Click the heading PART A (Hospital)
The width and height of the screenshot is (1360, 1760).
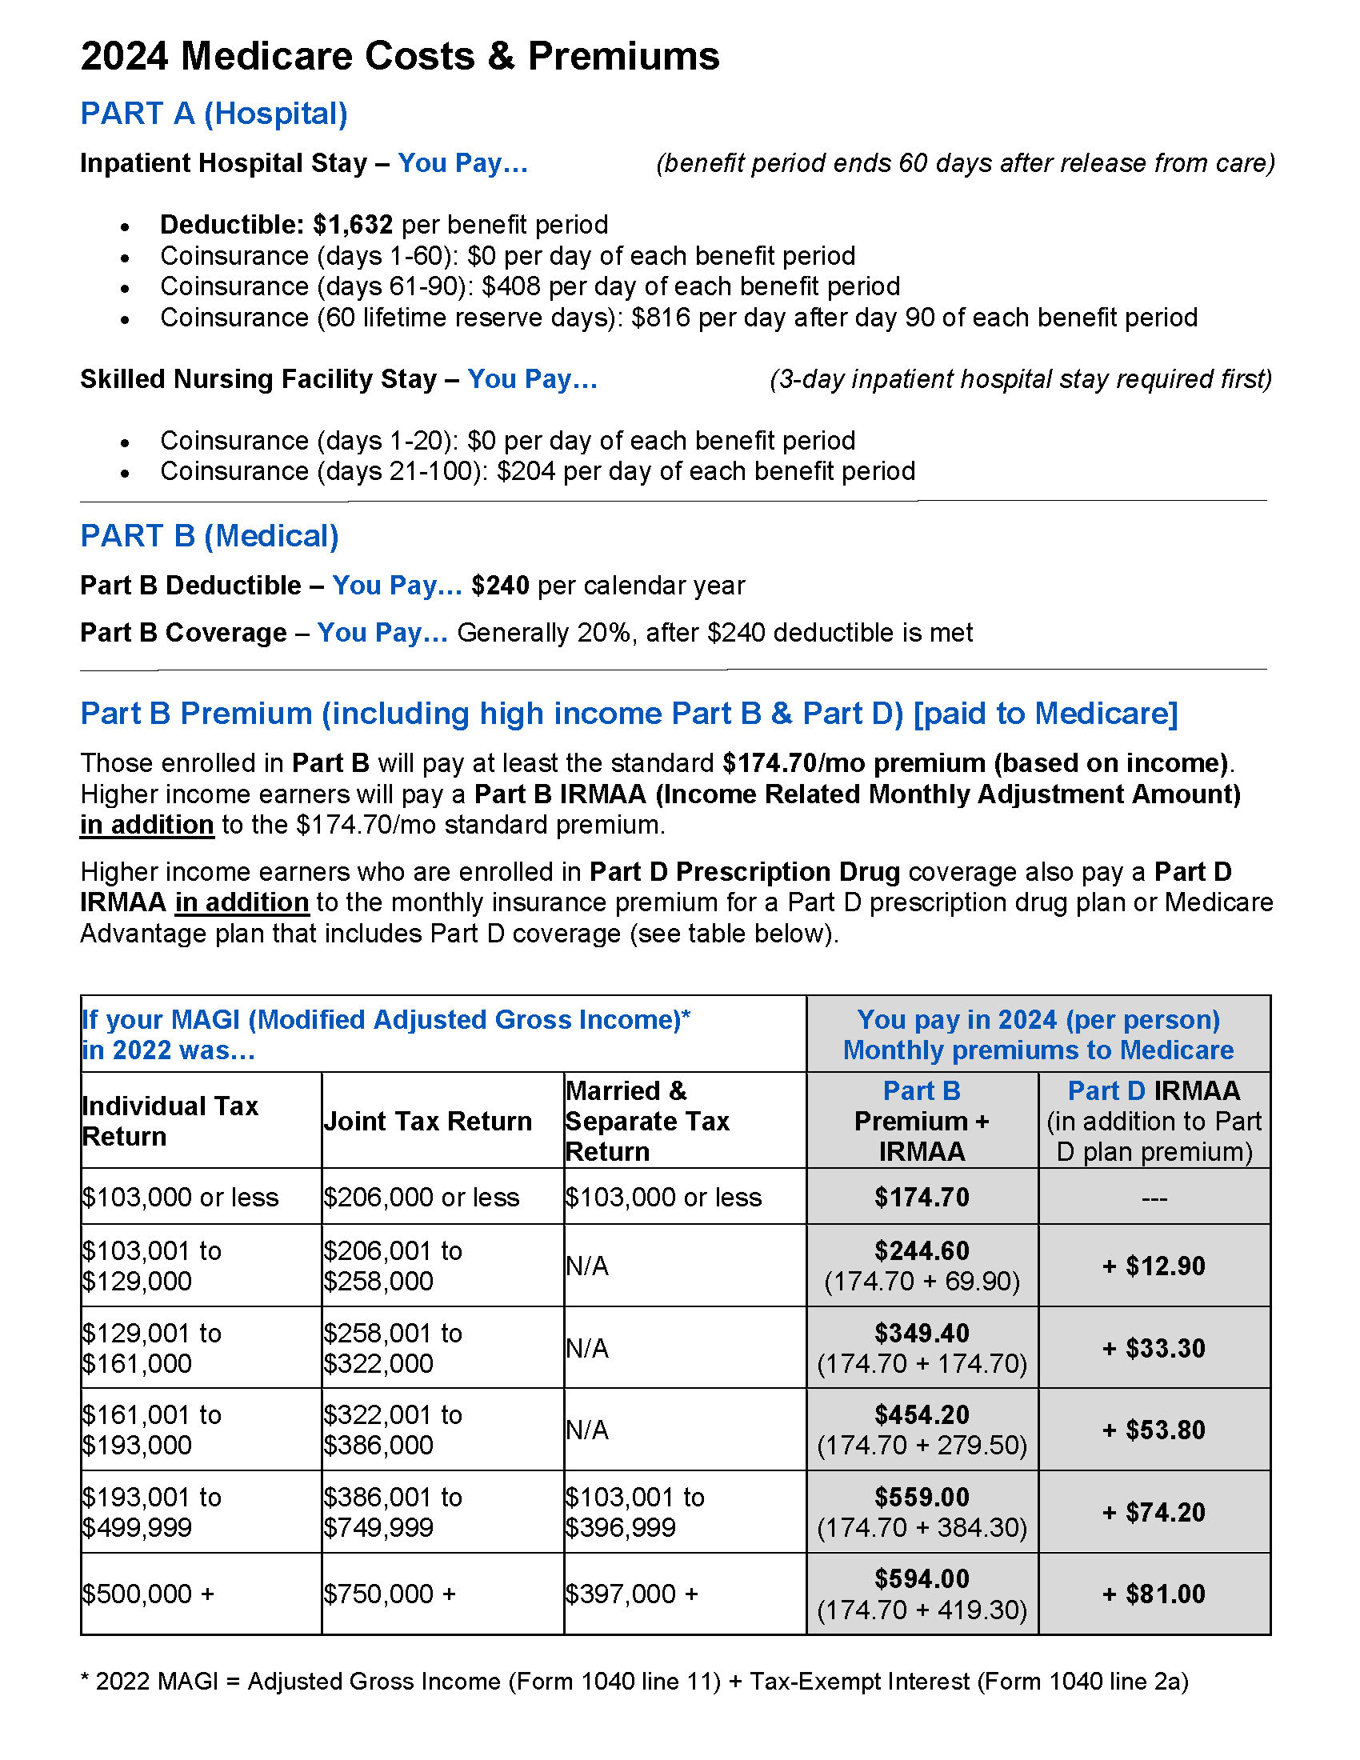pos(214,114)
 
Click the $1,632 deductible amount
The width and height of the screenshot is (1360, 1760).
pos(352,224)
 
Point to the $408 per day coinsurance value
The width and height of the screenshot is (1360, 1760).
pos(511,286)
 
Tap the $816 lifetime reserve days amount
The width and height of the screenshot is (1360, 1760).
pos(661,318)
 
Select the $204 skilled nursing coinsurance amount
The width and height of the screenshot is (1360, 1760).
pos(526,470)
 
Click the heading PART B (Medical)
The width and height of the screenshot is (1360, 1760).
pos(210,536)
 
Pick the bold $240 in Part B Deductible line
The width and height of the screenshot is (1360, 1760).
pos(499,585)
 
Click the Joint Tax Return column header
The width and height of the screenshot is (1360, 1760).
pos(427,1121)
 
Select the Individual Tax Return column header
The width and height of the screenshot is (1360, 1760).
pos(170,1121)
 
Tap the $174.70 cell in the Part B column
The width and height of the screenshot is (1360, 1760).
pos(921,1197)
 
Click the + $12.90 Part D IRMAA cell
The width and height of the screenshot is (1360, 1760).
pos(1153,1266)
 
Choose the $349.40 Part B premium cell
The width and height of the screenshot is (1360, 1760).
pos(921,1333)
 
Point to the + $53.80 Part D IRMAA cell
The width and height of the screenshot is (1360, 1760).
pos(1153,1430)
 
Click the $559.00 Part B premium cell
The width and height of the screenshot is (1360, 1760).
pos(921,1497)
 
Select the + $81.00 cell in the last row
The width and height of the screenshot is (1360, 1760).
pos(1153,1593)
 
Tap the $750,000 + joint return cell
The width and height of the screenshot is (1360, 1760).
pos(390,1593)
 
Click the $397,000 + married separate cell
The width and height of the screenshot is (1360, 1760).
pos(631,1593)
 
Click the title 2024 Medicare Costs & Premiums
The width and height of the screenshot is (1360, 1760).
pos(400,57)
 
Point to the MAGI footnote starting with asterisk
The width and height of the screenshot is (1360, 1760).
pos(634,1681)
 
